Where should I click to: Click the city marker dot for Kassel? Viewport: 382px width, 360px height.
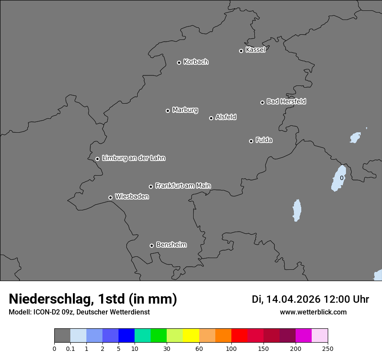click(241, 51)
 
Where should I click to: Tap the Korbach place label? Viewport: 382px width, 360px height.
click(196, 62)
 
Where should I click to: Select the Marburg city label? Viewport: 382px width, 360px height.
click(185, 110)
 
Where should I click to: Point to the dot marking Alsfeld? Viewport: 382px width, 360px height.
click(211, 118)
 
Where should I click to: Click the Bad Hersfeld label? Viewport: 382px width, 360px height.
click(286, 101)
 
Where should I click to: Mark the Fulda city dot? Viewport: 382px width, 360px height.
click(251, 141)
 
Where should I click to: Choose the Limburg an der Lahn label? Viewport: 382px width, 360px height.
click(133, 158)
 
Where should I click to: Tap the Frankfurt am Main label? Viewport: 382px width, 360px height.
click(183, 186)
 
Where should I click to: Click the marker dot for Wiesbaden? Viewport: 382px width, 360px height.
click(110, 197)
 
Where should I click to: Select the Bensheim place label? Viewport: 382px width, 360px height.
click(171, 245)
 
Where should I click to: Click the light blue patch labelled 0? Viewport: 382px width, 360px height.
click(339, 178)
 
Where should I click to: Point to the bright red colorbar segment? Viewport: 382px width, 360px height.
click(239, 336)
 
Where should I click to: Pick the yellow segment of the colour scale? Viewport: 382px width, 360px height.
click(191, 336)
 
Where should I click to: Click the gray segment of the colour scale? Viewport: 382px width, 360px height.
click(62, 336)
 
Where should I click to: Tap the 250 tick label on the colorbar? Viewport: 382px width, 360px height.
click(328, 348)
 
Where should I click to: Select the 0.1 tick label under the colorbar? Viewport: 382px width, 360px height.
click(70, 348)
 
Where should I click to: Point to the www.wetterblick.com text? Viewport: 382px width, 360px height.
click(313, 312)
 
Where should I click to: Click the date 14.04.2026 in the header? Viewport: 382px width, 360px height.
click(293, 299)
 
